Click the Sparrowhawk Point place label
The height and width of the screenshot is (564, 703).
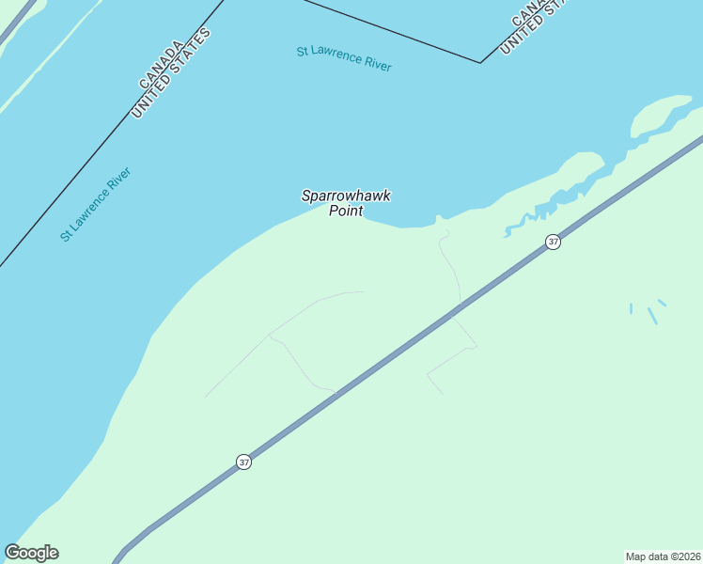pyautogui.click(x=346, y=203)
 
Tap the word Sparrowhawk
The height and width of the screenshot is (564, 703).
pyautogui.click(x=346, y=196)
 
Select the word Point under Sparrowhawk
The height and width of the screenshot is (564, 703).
pyautogui.click(x=346, y=211)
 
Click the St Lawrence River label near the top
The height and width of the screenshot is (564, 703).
pyautogui.click(x=344, y=58)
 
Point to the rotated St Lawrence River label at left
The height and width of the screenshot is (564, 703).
pyautogui.click(x=95, y=204)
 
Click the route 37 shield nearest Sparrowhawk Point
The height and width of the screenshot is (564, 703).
pyautogui.click(x=553, y=242)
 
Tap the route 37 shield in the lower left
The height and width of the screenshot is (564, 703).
pyautogui.click(x=243, y=462)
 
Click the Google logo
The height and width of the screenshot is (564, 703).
pyautogui.click(x=32, y=553)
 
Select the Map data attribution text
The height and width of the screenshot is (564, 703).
pyautogui.click(x=663, y=556)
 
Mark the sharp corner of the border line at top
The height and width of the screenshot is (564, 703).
pyautogui.click(x=481, y=63)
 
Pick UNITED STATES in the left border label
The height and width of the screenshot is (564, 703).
pyautogui.click(x=171, y=73)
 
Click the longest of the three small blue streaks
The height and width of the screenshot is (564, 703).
pyautogui.click(x=652, y=316)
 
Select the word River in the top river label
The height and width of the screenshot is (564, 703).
pyautogui.click(x=374, y=64)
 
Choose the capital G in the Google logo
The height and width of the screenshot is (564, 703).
pyautogui.click(x=12, y=553)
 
